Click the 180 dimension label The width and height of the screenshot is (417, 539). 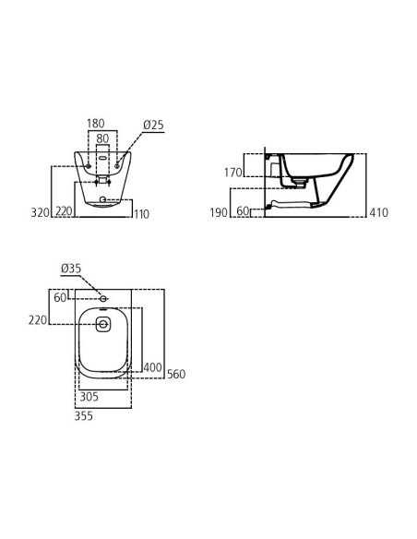coord(96,124)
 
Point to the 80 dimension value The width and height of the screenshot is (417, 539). coord(102,138)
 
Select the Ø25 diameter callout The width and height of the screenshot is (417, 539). coord(153,125)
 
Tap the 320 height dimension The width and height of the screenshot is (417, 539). coord(41,212)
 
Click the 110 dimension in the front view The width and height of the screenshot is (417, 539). coord(141,214)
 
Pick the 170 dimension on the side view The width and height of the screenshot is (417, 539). coord(233,173)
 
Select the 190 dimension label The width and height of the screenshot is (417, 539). coord(219,212)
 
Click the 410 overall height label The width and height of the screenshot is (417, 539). coord(379,212)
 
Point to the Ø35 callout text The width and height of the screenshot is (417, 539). coord(71,269)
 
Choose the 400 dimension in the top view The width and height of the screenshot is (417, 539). coord(152,367)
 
